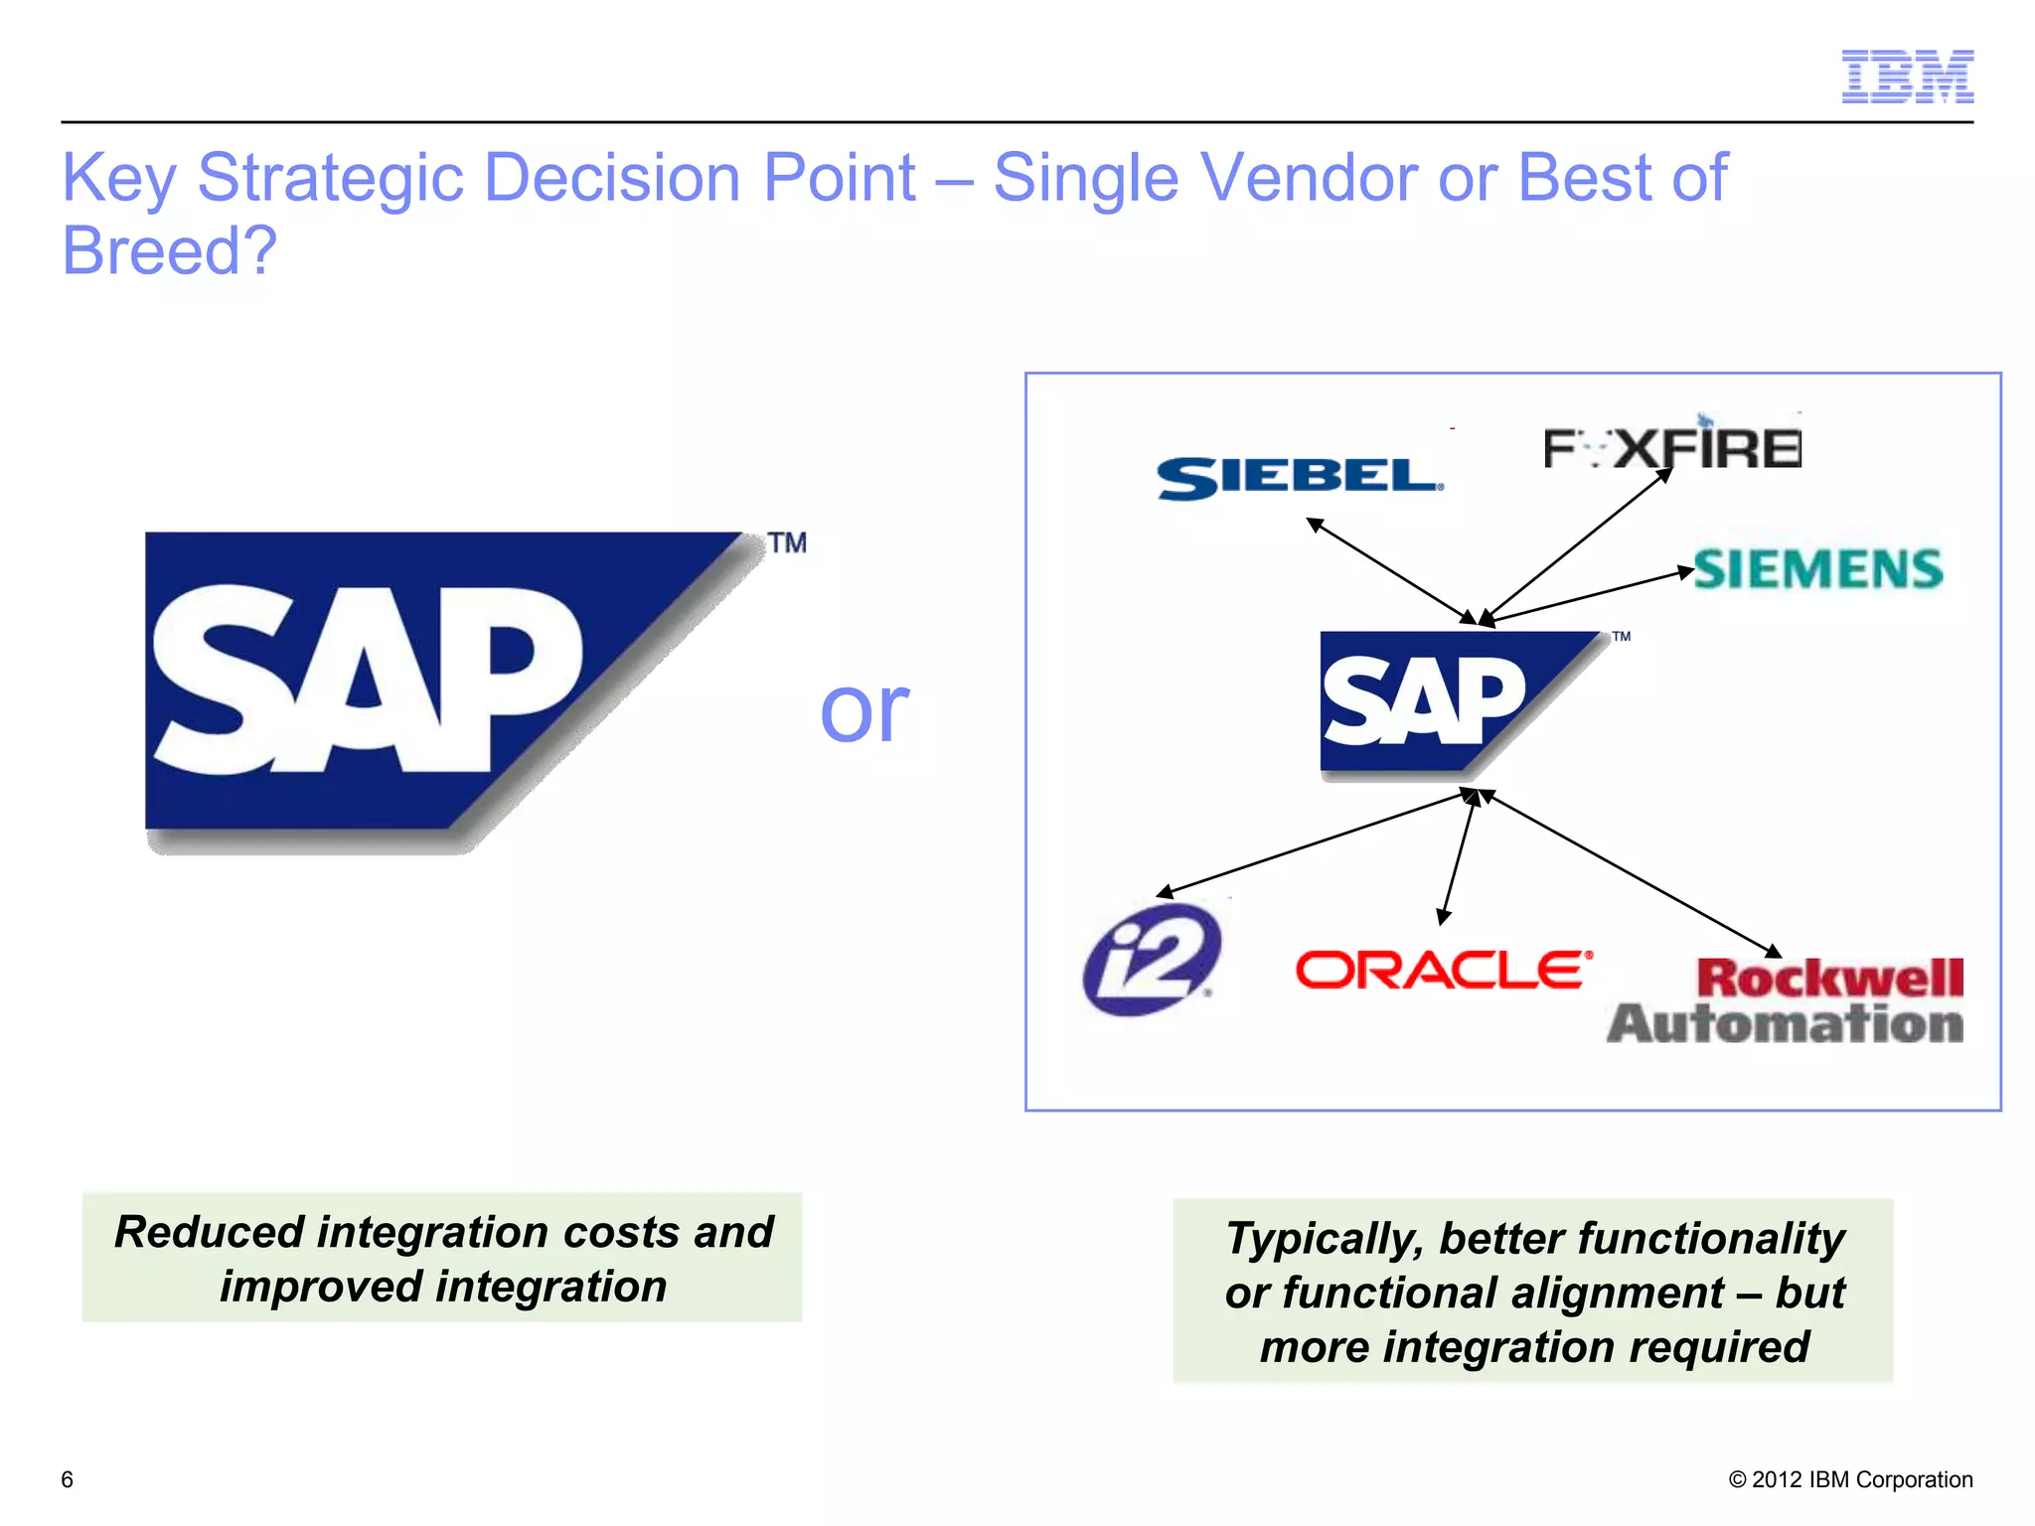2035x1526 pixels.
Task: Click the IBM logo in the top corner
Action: click(x=1907, y=76)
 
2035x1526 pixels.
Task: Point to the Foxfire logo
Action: click(x=1672, y=447)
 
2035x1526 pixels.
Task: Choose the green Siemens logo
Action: click(x=1817, y=569)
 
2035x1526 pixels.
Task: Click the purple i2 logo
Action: click(x=1152, y=959)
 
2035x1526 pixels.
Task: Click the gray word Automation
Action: click(x=1785, y=1024)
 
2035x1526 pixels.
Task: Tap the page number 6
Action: click(x=67, y=1479)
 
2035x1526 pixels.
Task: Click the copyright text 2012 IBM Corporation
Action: click(x=1850, y=1479)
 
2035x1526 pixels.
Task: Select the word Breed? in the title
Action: click(x=169, y=250)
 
